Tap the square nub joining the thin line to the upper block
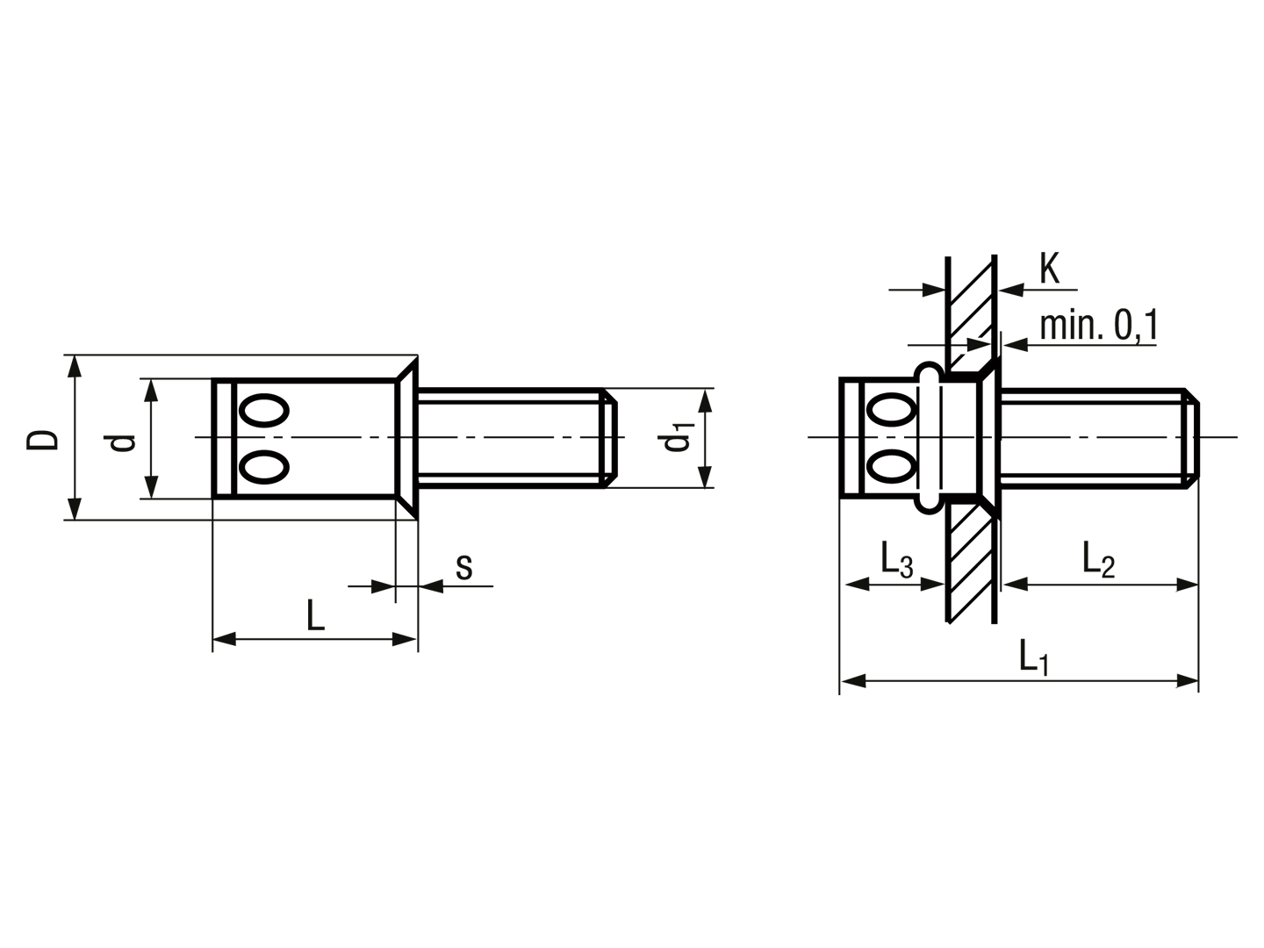pyautogui.click(x=930, y=291)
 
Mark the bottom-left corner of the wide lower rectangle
pyautogui.click(x=212, y=651)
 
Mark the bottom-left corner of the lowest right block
pyautogui.click(x=837, y=693)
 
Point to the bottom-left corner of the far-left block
pyautogui.click(x=64, y=525)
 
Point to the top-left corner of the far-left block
pyautogui.click(x=64, y=353)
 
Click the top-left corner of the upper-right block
pyautogui.click(x=942, y=255)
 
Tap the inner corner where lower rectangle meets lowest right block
pyautogui.click(x=837, y=651)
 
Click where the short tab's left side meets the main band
pyautogui.click(x=908, y=352)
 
